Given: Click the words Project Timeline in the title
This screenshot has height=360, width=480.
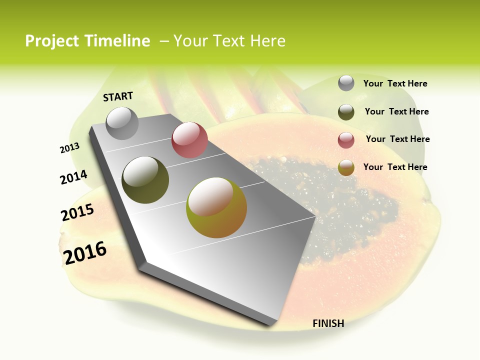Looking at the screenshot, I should pyautogui.click(x=87, y=41).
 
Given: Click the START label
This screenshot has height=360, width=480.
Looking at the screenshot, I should pyautogui.click(x=118, y=96).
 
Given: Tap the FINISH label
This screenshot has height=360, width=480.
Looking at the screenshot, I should pyautogui.click(x=328, y=323).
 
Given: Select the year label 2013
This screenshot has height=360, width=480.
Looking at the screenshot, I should pyautogui.click(x=69, y=148).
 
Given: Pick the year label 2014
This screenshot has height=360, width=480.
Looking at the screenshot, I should pyautogui.click(x=73, y=177).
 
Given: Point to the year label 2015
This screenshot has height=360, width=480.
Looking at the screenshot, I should pyautogui.click(x=77, y=212).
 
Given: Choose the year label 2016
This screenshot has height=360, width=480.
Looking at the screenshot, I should pyautogui.click(x=85, y=252).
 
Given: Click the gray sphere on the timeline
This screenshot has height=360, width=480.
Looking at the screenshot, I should pyautogui.click(x=122, y=123).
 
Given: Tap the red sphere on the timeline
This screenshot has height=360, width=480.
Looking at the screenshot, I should pyautogui.click(x=189, y=140).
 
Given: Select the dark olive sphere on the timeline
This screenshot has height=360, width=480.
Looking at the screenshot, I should pyautogui.click(x=145, y=180).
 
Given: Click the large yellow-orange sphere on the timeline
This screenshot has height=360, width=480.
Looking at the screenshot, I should pyautogui.click(x=216, y=207).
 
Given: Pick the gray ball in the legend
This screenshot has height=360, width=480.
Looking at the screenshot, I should pyautogui.click(x=346, y=83).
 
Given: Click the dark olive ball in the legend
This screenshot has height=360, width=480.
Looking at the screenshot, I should pyautogui.click(x=346, y=112).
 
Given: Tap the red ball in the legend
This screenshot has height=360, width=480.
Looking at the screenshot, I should pyautogui.click(x=346, y=140).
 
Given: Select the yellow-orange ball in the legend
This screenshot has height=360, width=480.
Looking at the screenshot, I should pyautogui.click(x=346, y=167).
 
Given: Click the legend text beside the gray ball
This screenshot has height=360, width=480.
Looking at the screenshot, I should pyautogui.click(x=395, y=83).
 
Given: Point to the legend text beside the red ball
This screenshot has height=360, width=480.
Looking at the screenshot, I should pyautogui.click(x=397, y=139).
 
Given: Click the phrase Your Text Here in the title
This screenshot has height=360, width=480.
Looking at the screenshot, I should pyautogui.click(x=229, y=41).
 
